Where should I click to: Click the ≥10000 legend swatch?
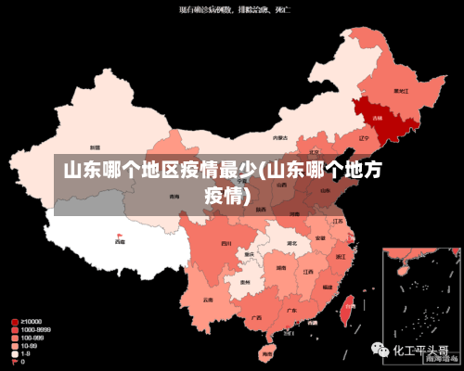tap(15, 321)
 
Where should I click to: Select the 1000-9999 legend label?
tap(34, 328)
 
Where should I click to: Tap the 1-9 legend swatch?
tap(15, 353)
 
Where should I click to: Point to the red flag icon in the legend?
tap(15, 362)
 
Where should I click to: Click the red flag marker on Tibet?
tap(119, 236)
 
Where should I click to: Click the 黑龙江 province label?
tap(401, 92)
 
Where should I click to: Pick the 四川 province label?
tap(226, 243)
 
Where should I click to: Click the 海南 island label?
tap(267, 353)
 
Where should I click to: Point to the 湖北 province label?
tap(291, 244)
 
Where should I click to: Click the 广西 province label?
tap(256, 317)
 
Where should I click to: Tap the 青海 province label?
tap(174, 197)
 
